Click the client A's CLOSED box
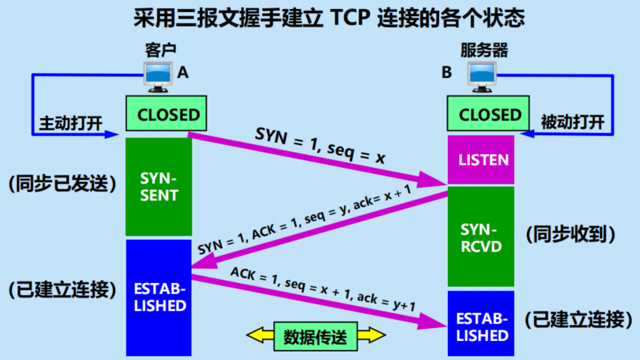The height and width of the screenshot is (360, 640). point(169,116)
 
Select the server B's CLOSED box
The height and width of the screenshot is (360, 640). point(490,116)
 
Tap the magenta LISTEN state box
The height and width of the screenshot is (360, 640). point(481,160)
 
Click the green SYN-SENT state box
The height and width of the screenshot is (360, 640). point(159,188)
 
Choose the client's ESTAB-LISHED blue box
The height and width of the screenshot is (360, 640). point(159,297)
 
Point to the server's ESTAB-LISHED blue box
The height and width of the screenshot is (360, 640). point(481,324)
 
